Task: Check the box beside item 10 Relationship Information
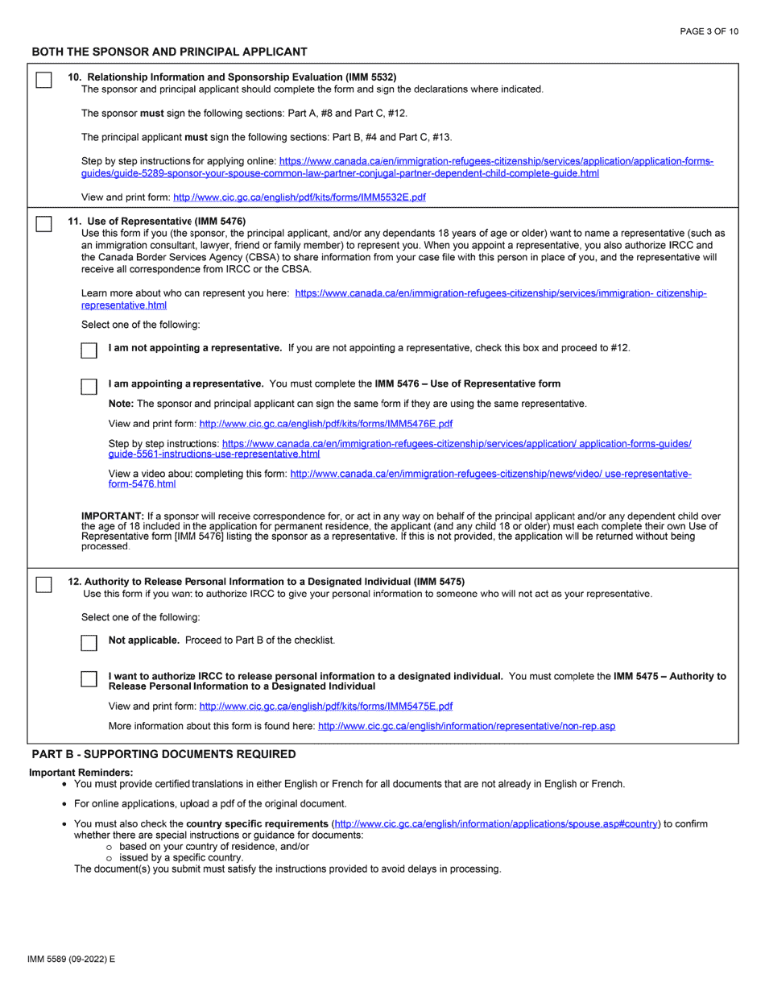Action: point(44,80)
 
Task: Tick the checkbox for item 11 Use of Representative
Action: point(44,225)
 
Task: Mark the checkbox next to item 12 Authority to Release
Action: point(44,585)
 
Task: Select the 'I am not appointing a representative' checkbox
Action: point(89,350)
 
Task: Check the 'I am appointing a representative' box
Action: point(89,387)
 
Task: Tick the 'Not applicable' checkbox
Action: point(89,643)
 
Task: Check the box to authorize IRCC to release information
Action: point(89,679)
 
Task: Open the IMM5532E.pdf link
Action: point(300,197)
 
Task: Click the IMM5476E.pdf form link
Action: point(325,423)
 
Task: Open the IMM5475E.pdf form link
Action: point(325,706)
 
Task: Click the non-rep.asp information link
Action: point(466,726)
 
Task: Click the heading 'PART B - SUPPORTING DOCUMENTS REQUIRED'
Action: point(163,754)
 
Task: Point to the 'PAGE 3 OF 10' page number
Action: point(709,31)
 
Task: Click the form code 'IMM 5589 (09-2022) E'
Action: point(71,960)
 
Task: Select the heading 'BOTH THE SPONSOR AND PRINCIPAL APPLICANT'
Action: point(169,52)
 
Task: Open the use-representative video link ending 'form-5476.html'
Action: point(142,484)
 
